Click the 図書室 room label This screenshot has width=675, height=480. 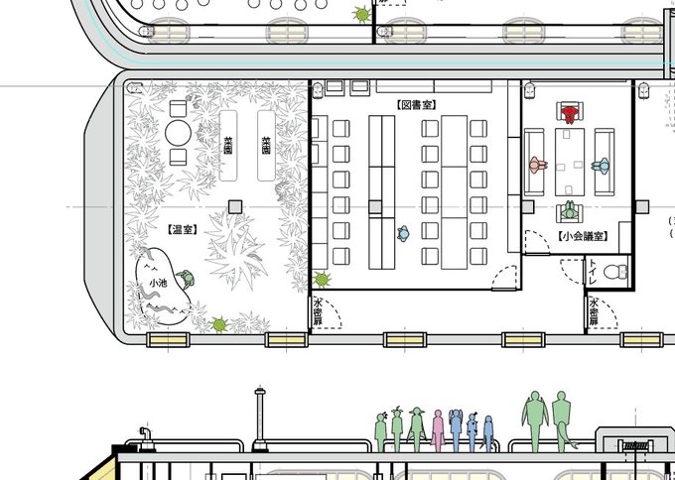pyautogui.click(x=416, y=105)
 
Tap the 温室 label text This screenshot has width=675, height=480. pyautogui.click(x=183, y=230)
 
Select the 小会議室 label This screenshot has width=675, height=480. pyautogui.click(x=584, y=236)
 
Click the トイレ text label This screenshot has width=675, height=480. pyautogui.click(x=593, y=272)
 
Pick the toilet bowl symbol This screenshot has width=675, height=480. pyautogui.click(x=615, y=272)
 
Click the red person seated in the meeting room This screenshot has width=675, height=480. pyautogui.click(x=570, y=114)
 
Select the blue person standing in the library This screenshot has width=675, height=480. pyautogui.click(x=403, y=233)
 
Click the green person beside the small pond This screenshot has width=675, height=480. pyautogui.click(x=186, y=279)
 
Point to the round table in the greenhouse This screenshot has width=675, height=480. pyautogui.click(x=179, y=133)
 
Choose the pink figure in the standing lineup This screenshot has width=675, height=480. pyautogui.click(x=438, y=430)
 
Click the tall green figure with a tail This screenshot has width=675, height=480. pyautogui.click(x=562, y=420)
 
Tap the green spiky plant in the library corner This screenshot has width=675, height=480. pyautogui.click(x=322, y=280)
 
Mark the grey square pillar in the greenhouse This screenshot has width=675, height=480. pyautogui.click(x=235, y=207)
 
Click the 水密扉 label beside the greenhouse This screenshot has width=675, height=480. pyautogui.click(x=318, y=311)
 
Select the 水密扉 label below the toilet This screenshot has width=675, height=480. pyautogui.click(x=594, y=311)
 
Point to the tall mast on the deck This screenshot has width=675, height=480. pyautogui.click(x=260, y=419)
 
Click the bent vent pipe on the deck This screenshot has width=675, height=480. pyautogui.click(x=146, y=438)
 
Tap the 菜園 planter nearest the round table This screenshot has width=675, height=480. pyautogui.click(x=228, y=146)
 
